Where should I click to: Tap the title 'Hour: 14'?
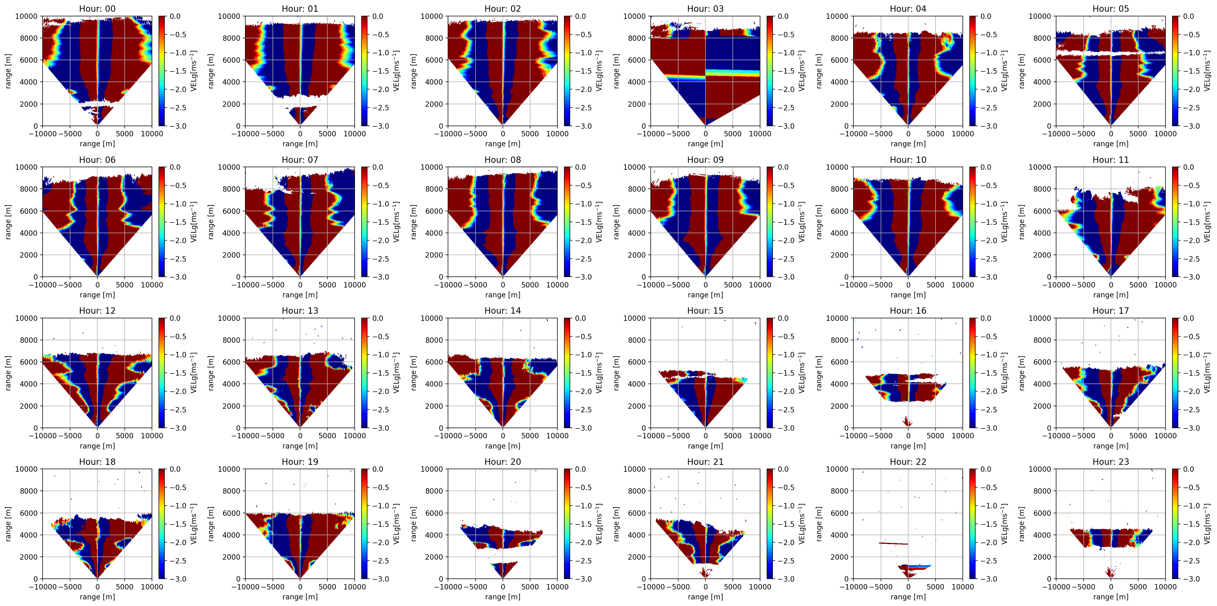pyautogui.click(x=502, y=310)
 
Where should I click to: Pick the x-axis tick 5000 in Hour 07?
pyautogui.click(x=327, y=285)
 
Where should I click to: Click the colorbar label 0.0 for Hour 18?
pyautogui.click(x=175, y=469)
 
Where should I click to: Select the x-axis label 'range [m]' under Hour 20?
pyautogui.click(x=502, y=597)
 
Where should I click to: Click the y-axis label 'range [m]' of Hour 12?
pyautogui.click(x=8, y=373)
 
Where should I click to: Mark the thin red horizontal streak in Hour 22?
pyautogui.click(x=893, y=544)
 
